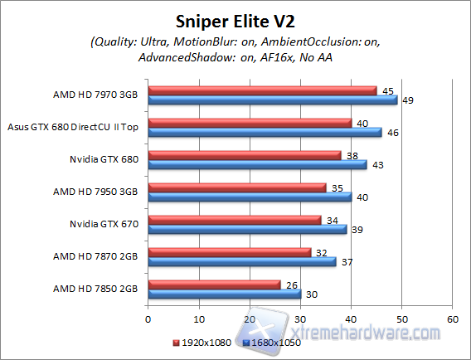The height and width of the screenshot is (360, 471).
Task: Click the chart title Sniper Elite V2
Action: click(235, 21)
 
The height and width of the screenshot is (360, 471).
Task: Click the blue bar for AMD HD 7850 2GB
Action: click(224, 293)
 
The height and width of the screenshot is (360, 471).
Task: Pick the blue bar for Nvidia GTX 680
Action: click(257, 164)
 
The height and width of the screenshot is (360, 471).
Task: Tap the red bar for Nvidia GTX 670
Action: click(234, 220)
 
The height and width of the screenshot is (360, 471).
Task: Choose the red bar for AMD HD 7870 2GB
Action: click(229, 252)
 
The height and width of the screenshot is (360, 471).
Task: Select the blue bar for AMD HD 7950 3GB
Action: click(250, 197)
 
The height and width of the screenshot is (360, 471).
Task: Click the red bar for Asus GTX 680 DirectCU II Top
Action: click(250, 123)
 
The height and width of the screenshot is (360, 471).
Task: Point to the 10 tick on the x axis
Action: click(198, 319)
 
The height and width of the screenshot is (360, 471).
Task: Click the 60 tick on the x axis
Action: click(452, 319)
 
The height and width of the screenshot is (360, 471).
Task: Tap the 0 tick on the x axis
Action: click(148, 319)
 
